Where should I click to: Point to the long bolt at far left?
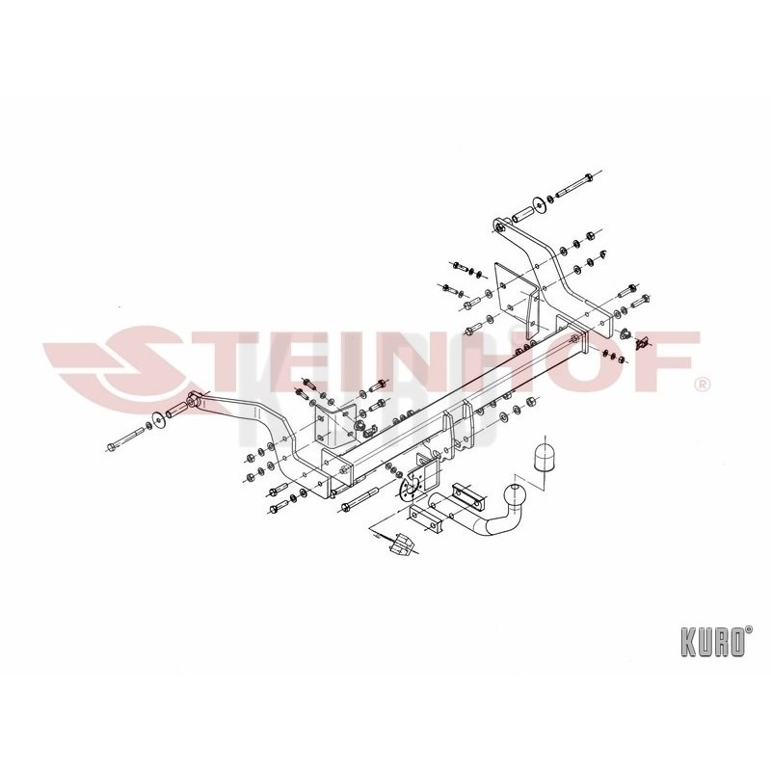(x=125, y=439)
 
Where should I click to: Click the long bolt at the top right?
(x=574, y=187)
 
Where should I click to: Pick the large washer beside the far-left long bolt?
(x=159, y=419)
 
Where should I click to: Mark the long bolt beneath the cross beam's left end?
(x=359, y=499)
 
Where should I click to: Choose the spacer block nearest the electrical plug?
(x=425, y=519)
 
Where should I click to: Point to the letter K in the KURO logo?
(x=688, y=642)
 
